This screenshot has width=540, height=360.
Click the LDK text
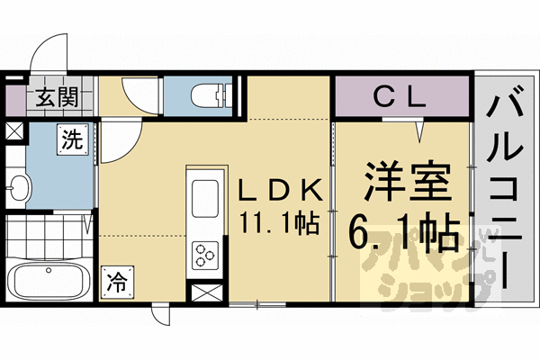click(278, 190)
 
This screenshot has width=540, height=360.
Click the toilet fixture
click(210, 93)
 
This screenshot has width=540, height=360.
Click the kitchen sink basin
click(203, 195)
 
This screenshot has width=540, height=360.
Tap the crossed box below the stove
click(203, 292)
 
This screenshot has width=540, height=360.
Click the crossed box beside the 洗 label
click(15, 130)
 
